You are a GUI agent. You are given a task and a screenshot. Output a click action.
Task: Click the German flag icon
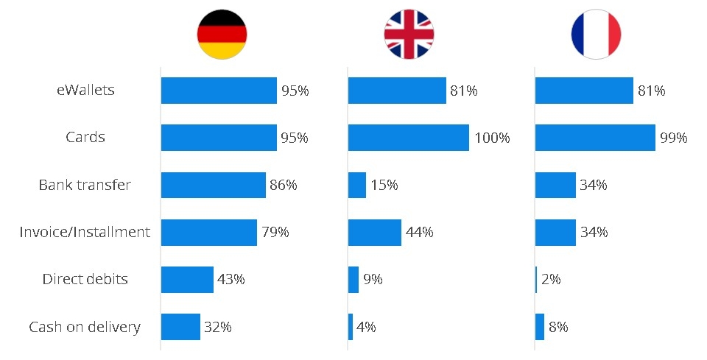222,35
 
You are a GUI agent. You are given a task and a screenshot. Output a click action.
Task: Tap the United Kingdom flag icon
409,35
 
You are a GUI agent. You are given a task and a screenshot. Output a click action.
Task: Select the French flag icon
596,35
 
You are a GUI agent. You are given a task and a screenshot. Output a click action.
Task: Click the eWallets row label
85,91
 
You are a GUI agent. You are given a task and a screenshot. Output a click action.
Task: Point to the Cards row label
85,138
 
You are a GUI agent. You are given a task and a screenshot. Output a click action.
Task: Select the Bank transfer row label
85,185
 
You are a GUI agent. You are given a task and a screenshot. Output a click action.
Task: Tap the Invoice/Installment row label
85,232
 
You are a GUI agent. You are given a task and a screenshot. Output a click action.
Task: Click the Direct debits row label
85,279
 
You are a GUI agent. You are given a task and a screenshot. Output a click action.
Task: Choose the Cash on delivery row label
85,326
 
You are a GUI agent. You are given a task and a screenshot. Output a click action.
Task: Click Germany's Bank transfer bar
213,185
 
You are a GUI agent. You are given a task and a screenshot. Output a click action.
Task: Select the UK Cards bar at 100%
408,138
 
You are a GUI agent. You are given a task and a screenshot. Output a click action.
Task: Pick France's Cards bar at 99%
595,138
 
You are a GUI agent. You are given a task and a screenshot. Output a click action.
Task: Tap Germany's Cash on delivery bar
180,326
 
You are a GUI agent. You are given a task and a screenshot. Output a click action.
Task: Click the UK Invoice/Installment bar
374,232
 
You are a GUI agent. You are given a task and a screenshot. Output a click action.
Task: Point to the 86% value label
284,185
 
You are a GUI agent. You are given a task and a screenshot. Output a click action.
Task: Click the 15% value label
384,185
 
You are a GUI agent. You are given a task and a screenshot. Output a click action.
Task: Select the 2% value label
551,279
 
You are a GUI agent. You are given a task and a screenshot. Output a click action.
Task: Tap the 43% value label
231,279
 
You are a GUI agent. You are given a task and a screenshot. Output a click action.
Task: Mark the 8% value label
558,326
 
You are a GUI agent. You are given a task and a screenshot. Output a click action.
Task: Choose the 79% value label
275,232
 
